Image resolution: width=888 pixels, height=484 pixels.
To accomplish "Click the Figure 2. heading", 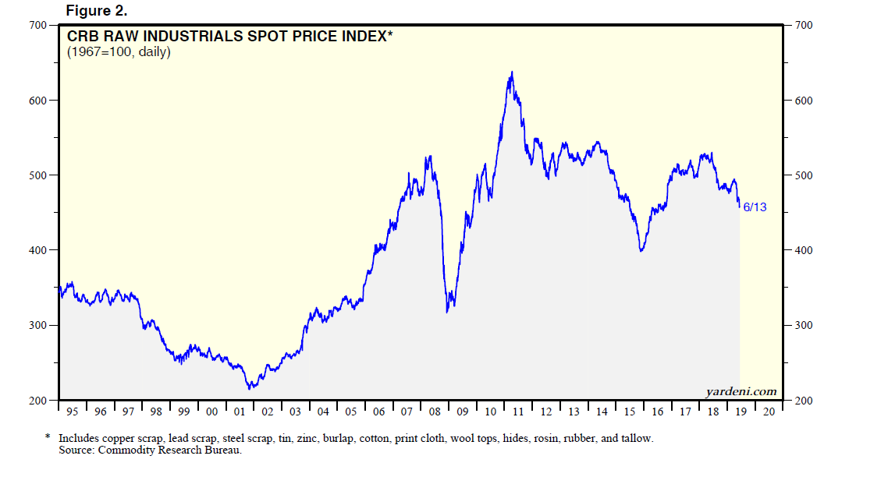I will pyautogui.click(x=96, y=10).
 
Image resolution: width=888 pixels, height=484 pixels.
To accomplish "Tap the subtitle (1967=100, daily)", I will pyautogui.click(x=119, y=53).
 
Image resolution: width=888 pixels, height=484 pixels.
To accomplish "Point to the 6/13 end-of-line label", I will pyautogui.click(x=755, y=207).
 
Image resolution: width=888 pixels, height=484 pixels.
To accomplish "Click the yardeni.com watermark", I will pyautogui.click(x=741, y=391).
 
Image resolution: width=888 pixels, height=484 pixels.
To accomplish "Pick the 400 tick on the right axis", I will pyautogui.click(x=804, y=250).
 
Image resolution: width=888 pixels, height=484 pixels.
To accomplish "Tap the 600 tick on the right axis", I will pyautogui.click(x=804, y=101).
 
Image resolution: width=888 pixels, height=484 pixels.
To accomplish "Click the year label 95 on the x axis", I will pyautogui.click(x=73, y=412).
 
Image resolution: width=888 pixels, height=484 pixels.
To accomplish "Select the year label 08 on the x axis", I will pyautogui.click(x=435, y=412).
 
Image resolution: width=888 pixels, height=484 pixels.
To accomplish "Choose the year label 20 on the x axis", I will pyautogui.click(x=769, y=412).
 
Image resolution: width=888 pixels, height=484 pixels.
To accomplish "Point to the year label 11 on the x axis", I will pyautogui.click(x=518, y=412).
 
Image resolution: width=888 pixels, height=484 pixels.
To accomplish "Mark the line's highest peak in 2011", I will pyautogui.click(x=512, y=72).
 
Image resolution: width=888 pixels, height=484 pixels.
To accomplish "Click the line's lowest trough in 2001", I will pyautogui.click(x=250, y=388).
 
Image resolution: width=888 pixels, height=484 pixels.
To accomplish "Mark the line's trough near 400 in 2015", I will pyautogui.click(x=641, y=250).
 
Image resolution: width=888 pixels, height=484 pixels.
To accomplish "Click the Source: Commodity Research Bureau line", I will pyautogui.click(x=151, y=450).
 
